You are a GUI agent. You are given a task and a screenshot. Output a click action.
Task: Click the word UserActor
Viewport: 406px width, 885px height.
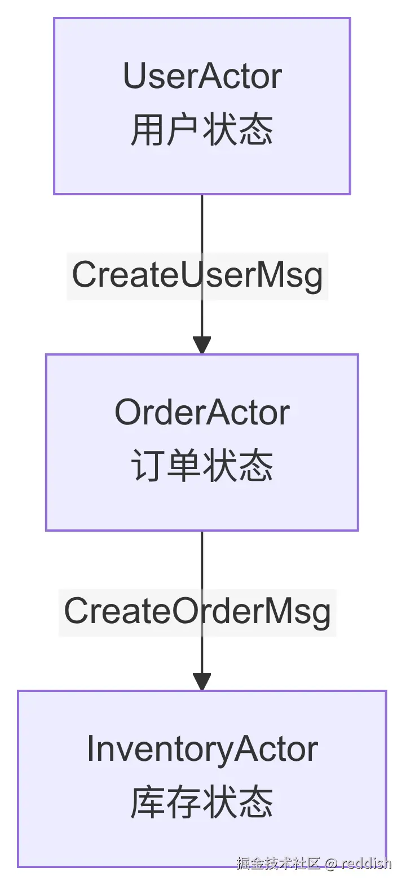tap(202, 77)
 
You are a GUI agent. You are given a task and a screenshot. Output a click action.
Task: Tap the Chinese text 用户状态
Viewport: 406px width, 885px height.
tap(202, 130)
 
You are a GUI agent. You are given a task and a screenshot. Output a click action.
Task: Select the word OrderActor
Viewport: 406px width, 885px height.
tap(202, 413)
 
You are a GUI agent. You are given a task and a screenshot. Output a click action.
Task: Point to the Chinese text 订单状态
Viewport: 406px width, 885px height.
tap(202, 467)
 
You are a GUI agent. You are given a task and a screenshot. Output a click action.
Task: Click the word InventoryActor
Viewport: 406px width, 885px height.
tap(202, 749)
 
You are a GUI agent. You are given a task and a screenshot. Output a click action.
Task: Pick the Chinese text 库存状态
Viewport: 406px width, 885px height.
tap(202, 803)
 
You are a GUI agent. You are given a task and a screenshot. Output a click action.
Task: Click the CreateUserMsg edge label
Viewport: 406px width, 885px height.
tap(197, 275)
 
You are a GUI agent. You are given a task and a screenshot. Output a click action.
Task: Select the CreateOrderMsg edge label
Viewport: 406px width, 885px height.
tap(197, 612)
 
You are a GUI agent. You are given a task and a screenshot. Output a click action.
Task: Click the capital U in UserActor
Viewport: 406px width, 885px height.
tap(134, 77)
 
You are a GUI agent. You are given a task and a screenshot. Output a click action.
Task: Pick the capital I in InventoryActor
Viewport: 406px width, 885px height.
tap(91, 749)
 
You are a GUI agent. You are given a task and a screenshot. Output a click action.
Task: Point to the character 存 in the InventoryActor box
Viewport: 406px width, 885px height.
tap(184, 803)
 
